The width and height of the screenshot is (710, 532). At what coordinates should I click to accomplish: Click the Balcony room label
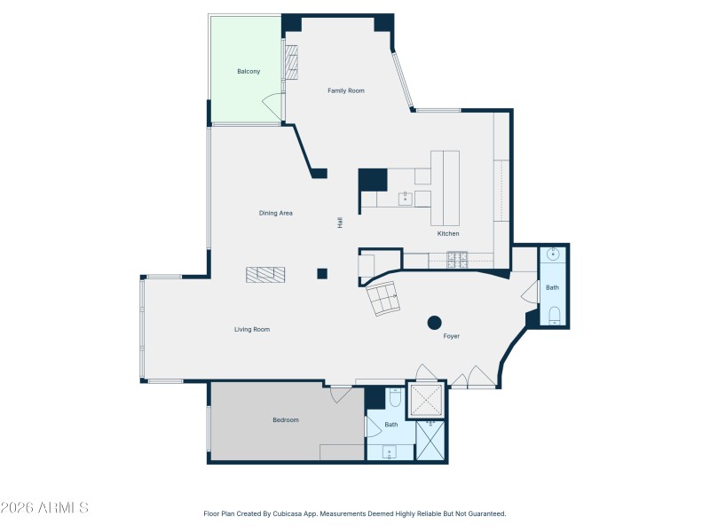pos(248,71)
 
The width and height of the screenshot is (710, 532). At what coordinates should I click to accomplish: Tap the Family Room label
pos(346,90)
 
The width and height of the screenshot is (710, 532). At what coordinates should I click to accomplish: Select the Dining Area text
pos(276,213)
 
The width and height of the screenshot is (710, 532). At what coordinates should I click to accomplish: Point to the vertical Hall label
pos(340,223)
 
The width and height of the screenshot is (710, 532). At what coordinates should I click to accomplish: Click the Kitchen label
pos(448,233)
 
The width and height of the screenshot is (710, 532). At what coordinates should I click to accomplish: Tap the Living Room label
pos(252,329)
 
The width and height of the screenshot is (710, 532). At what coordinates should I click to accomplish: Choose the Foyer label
pos(452,336)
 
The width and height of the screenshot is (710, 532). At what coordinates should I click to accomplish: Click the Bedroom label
pos(286,419)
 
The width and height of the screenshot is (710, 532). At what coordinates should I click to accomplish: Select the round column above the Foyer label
pos(435,322)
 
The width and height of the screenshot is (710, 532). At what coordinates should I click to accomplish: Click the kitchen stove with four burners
pos(457,260)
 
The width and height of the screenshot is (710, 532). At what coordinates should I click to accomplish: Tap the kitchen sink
pos(405,199)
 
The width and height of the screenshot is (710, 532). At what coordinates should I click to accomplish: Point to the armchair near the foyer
pos(384,299)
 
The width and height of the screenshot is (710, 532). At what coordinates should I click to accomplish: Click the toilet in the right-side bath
pos(554,314)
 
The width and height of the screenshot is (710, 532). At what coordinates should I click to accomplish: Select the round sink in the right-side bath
pos(554,255)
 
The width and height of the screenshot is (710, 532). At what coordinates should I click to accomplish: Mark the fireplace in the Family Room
pos(289,62)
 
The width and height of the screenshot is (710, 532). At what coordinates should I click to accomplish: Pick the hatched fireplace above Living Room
pos(267,275)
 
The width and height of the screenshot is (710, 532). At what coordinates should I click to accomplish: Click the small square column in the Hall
pos(323,273)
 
